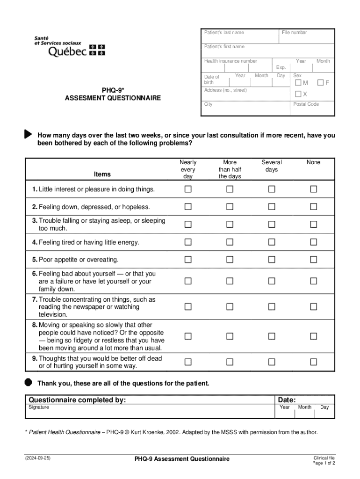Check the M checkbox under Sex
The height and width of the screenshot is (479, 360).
point(298,83)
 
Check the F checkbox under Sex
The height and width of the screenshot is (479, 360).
point(321,83)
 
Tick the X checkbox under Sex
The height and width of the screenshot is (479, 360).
point(298,94)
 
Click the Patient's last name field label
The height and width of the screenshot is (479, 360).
point(224,32)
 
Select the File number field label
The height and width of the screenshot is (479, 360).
point(295,32)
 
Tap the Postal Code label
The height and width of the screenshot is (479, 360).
point(306,104)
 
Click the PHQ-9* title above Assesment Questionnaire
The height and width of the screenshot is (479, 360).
point(113,89)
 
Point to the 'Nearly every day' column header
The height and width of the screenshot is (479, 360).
point(188,169)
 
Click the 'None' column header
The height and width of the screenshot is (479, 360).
point(313,162)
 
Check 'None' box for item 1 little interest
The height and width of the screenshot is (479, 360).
point(313,189)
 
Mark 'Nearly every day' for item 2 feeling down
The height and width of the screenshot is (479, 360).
point(188,207)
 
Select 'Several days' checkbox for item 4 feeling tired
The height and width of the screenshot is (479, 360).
point(272,242)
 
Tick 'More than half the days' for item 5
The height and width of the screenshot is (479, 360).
point(230,259)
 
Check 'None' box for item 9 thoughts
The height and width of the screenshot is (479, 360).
point(313,362)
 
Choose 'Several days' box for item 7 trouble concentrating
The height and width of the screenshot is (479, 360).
point(272,307)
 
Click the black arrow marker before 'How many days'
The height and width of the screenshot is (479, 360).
point(28,134)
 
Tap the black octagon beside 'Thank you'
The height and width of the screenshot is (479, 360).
point(28,382)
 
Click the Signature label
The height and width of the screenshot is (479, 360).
point(39,407)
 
